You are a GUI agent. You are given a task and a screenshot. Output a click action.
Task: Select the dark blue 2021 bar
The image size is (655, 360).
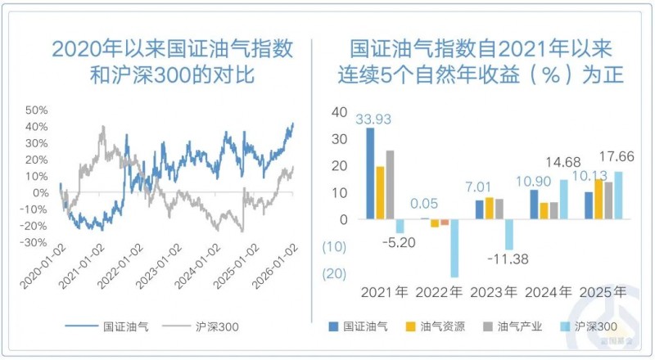(x=370, y=173)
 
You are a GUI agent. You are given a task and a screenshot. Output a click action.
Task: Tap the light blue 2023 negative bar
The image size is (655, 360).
(x=508, y=234)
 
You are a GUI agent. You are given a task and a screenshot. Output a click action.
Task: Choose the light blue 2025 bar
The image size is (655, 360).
(x=618, y=196)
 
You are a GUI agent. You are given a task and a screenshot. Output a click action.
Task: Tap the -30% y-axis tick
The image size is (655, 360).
(x=34, y=242)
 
